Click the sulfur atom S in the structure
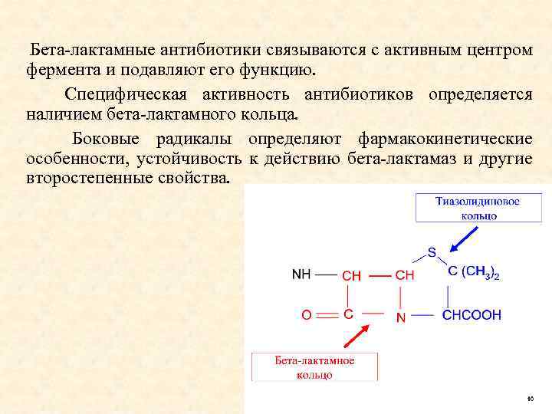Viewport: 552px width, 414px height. click(432, 251)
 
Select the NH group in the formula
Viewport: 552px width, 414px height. click(302, 274)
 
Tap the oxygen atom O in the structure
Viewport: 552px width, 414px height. click(307, 315)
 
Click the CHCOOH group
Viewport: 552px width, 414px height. click(472, 314)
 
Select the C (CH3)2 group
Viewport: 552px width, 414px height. click(473, 272)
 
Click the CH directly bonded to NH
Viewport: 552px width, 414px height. click(351, 274)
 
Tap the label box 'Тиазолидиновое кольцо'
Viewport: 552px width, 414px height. click(478, 208)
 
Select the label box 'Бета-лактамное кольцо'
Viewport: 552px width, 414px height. click(314, 366)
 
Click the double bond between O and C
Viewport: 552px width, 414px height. click(327, 315)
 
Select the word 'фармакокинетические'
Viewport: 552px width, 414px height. click(445, 140)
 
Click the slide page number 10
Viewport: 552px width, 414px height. click(529, 400)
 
